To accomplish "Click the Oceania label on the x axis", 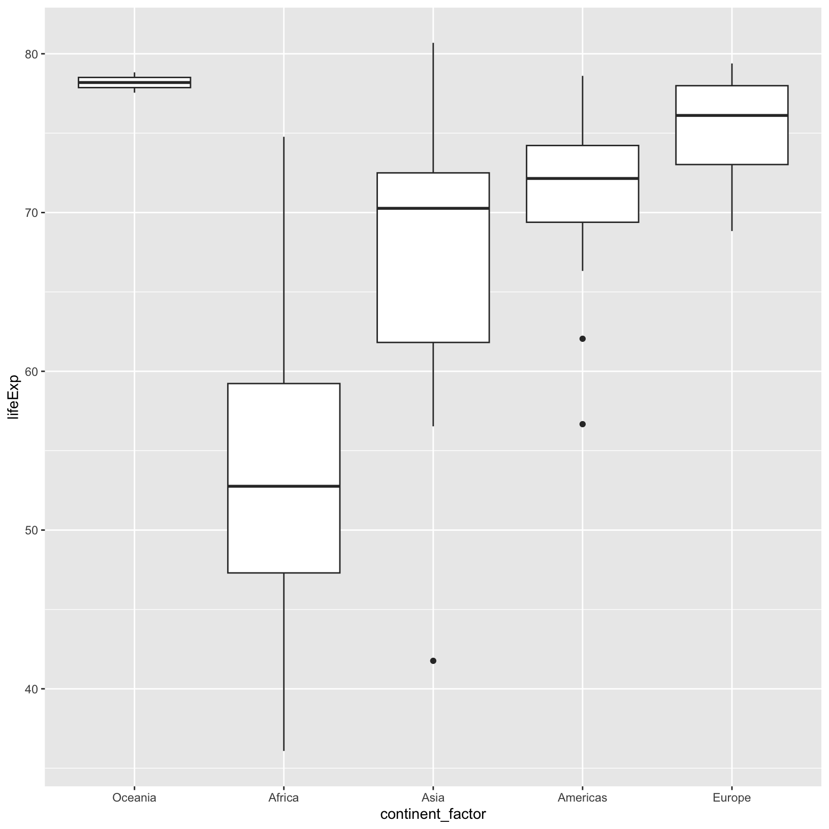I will point(134,798).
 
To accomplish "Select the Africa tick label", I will point(283,798).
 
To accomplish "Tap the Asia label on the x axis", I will point(433,798).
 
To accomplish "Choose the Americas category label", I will point(582,798).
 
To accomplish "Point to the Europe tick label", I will point(731,798).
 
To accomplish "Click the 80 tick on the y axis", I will point(31,54).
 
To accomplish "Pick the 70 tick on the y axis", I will point(31,212).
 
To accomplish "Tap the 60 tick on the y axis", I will point(31,371).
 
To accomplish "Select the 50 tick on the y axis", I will point(31,530).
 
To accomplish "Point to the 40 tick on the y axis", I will point(31,689).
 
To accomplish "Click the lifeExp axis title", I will point(14,397).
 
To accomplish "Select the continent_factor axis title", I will point(433,814).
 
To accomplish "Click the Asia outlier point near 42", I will point(433,661).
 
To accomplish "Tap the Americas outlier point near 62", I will point(583,339).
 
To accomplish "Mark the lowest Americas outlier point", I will point(583,424).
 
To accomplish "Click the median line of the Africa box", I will point(283,486).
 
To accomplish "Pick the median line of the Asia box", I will point(433,208).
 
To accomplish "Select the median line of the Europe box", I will point(731,116).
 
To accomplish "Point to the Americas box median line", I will point(582,178).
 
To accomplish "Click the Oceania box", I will point(134,82).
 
